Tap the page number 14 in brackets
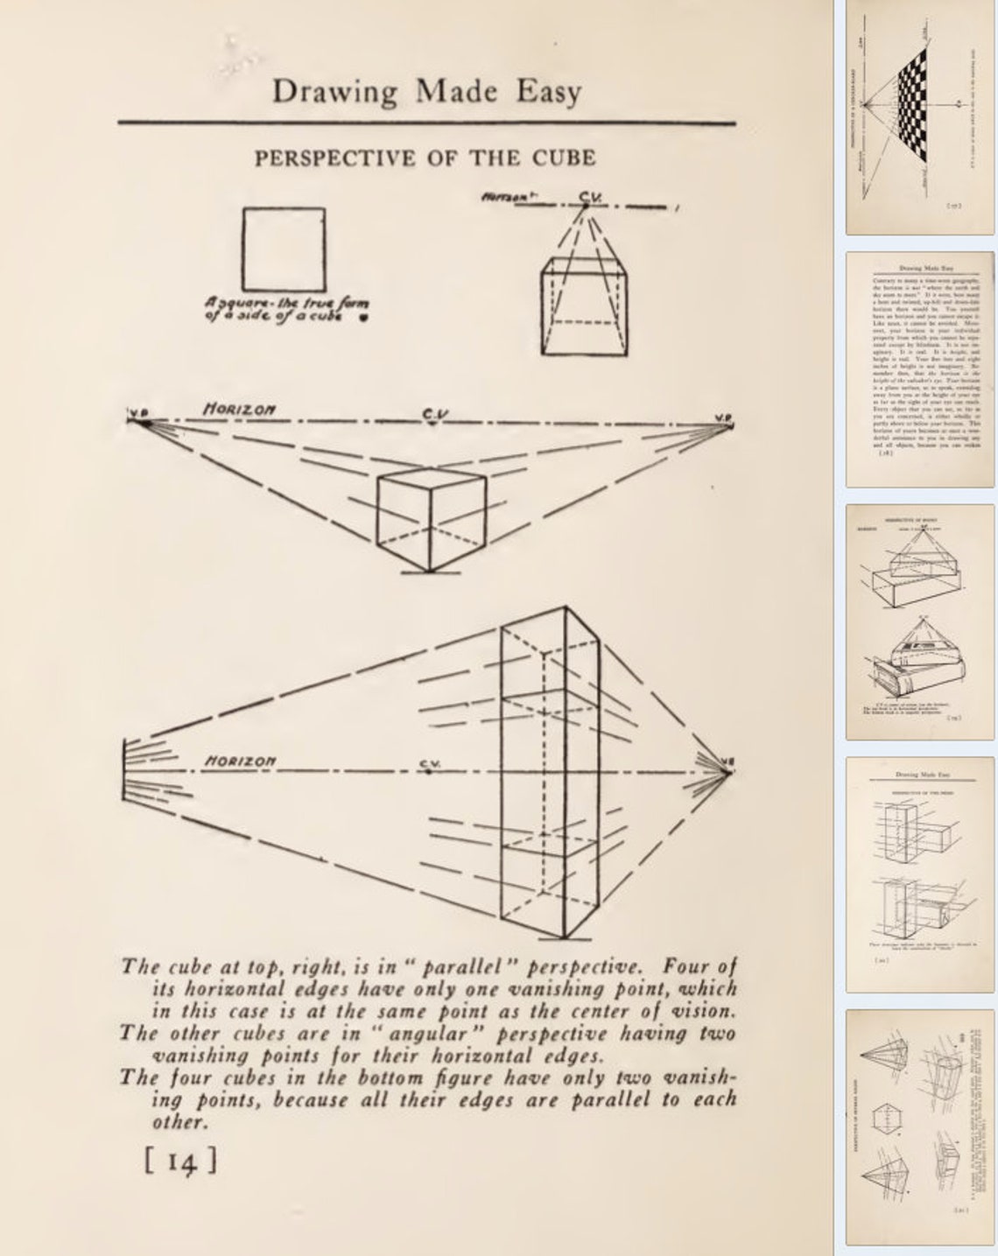click(179, 1161)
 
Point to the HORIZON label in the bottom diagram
click(239, 761)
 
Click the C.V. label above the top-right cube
click(587, 198)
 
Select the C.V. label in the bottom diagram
click(429, 764)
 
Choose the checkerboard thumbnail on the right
click(919, 116)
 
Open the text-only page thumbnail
click(919, 368)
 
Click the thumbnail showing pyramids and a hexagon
click(919, 1126)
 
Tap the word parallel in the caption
click(465, 967)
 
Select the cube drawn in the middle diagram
click(430, 522)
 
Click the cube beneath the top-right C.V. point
click(584, 306)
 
